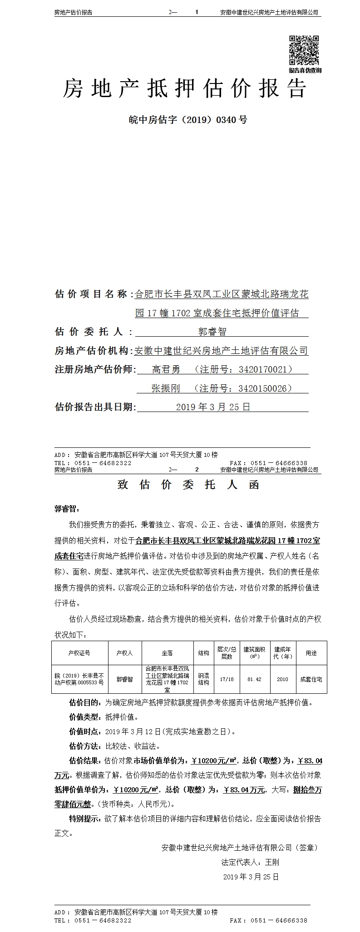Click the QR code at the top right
click(x=305, y=50)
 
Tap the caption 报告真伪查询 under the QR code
click(x=305, y=70)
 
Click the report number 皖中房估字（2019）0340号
click(x=188, y=120)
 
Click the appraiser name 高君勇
click(x=166, y=369)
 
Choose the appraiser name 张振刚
click(x=166, y=388)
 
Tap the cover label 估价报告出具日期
click(x=95, y=407)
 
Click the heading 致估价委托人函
click(x=188, y=485)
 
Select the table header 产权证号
click(x=79, y=653)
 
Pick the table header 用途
click(x=311, y=653)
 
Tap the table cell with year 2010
click(x=282, y=679)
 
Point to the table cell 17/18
click(x=227, y=679)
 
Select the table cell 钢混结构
click(x=203, y=679)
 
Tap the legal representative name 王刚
click(x=272, y=862)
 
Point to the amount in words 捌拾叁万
click(x=306, y=790)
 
